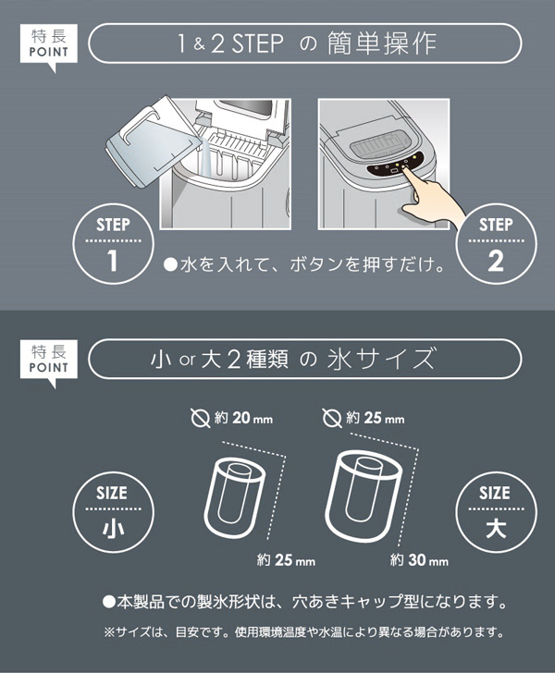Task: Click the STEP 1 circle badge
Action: pyautogui.click(x=113, y=244)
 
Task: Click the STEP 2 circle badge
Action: pyautogui.click(x=496, y=244)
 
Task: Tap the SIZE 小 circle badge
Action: pyautogui.click(x=111, y=511)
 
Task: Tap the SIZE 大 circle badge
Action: pyautogui.click(x=496, y=511)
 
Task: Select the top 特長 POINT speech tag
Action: pyautogui.click(x=49, y=42)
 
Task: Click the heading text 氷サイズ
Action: pyautogui.click(x=383, y=359)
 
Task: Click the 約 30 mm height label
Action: pyautogui.click(x=419, y=560)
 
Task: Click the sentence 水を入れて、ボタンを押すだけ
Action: pyautogui.click(x=304, y=263)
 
